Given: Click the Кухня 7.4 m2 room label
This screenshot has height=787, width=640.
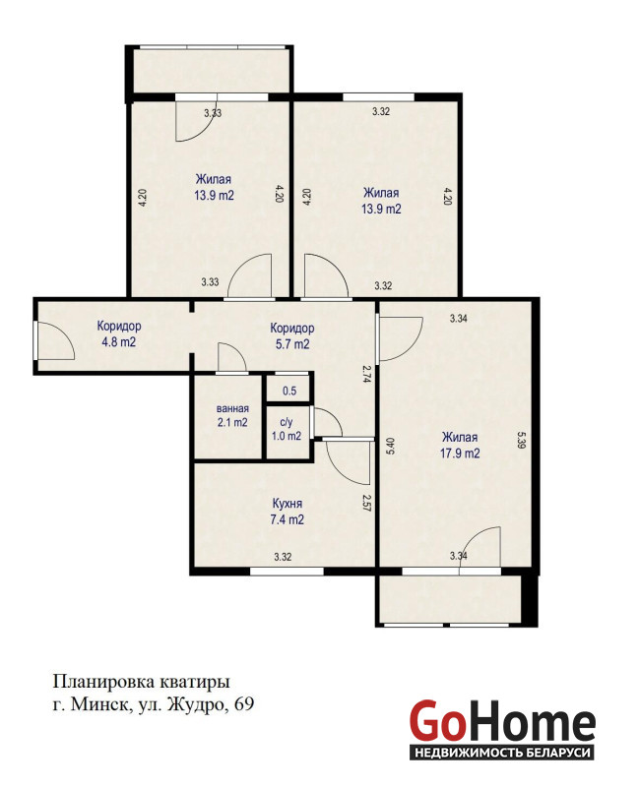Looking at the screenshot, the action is click(287, 511).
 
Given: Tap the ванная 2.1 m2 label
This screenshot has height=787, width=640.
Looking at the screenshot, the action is click(232, 415).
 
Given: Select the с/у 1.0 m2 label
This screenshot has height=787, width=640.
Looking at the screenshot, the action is click(287, 430).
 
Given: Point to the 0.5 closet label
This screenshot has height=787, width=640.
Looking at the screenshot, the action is click(289, 391).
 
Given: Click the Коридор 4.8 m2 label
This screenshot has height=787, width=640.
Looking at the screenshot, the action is click(119, 333).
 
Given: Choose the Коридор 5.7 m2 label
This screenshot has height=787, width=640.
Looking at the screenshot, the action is click(291, 335).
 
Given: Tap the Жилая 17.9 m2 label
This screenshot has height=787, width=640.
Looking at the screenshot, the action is click(460, 445).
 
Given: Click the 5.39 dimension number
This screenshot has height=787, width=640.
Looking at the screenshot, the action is click(521, 440).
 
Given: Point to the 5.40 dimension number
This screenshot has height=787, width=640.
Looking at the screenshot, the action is click(390, 446).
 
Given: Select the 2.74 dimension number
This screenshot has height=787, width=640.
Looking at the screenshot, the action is click(366, 374).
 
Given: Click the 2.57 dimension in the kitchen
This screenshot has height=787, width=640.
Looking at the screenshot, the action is click(366, 503).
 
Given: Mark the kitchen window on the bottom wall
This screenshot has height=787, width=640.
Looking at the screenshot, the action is click(287, 571).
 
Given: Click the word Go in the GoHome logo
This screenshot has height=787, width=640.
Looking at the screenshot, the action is click(436, 722).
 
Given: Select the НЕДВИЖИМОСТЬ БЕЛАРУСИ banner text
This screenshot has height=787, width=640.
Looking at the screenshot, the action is click(502, 753).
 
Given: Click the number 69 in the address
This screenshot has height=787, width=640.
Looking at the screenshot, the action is click(244, 704).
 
